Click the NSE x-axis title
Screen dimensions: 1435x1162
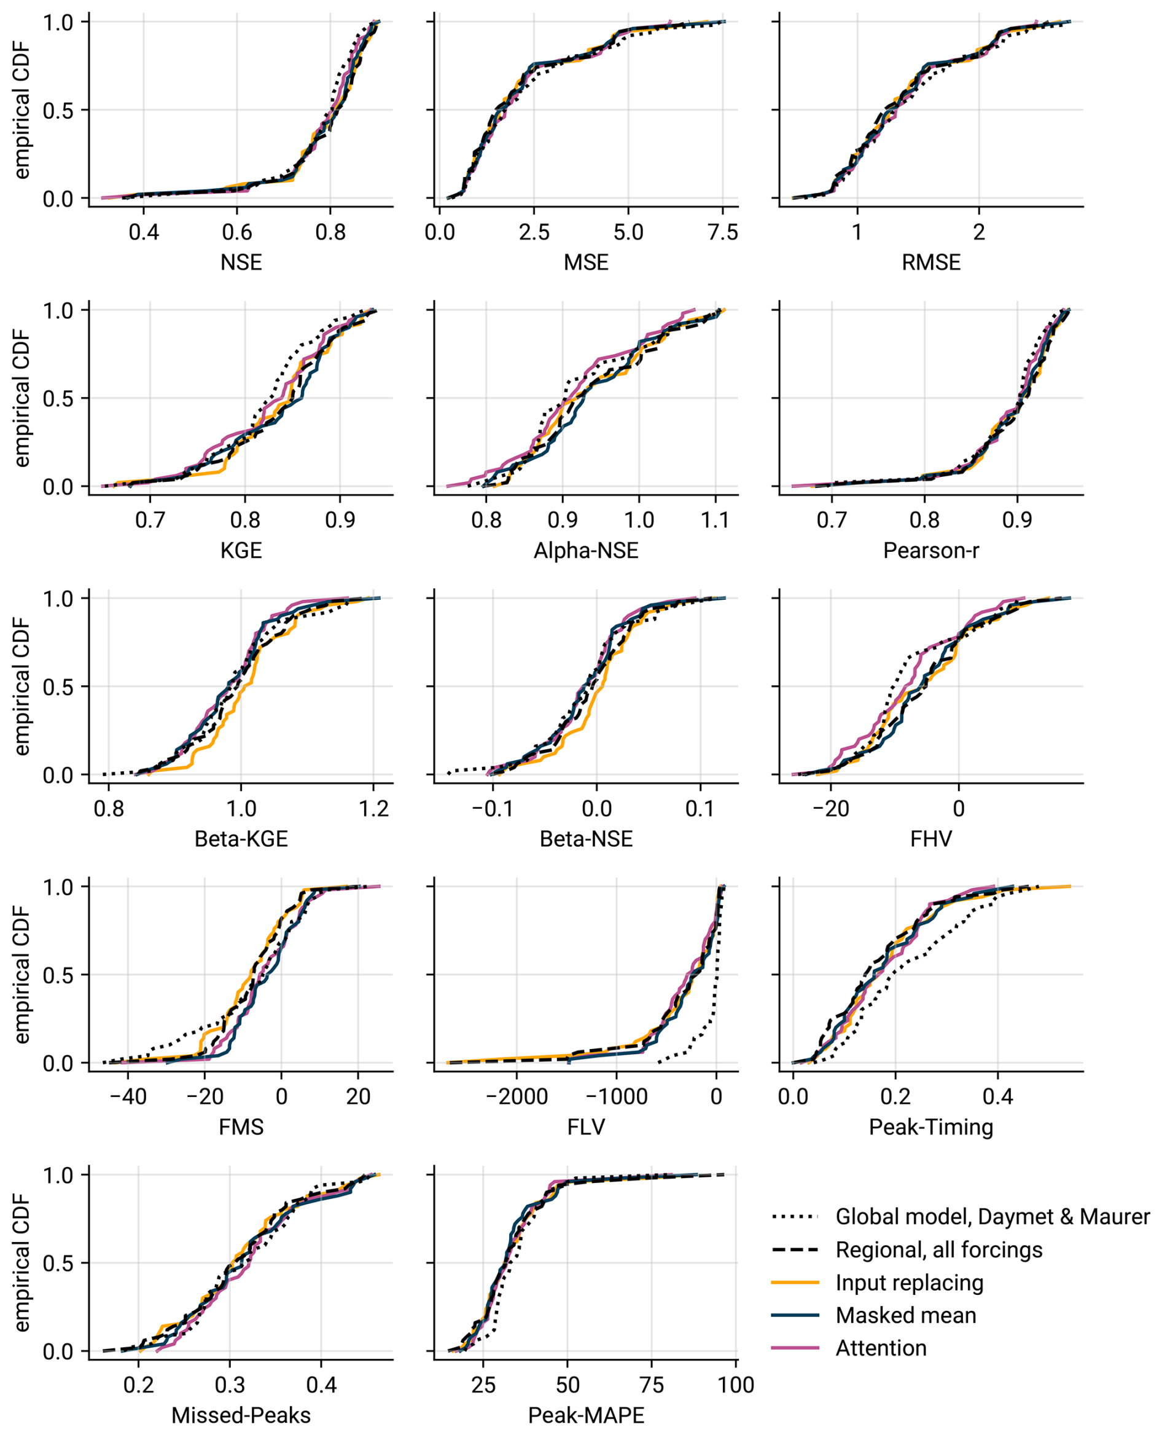click(x=241, y=262)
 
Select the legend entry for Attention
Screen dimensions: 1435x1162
click(x=881, y=1347)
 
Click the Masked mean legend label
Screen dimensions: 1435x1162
click(x=906, y=1315)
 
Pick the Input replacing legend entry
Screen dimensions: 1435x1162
click(x=909, y=1281)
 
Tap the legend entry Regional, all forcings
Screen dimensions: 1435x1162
click(x=938, y=1249)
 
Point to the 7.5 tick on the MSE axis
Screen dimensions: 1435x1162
click(x=723, y=232)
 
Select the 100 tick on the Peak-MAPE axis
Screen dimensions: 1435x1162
click(x=736, y=1385)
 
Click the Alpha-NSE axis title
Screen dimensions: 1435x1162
click(x=586, y=551)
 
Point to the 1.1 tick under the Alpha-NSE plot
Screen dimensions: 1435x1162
click(x=715, y=521)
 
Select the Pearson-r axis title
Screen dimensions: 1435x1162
click(x=930, y=551)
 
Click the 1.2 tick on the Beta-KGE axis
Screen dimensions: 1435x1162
click(x=373, y=808)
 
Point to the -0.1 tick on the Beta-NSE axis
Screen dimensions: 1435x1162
click(x=493, y=808)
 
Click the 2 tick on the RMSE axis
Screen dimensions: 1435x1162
click(x=978, y=232)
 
